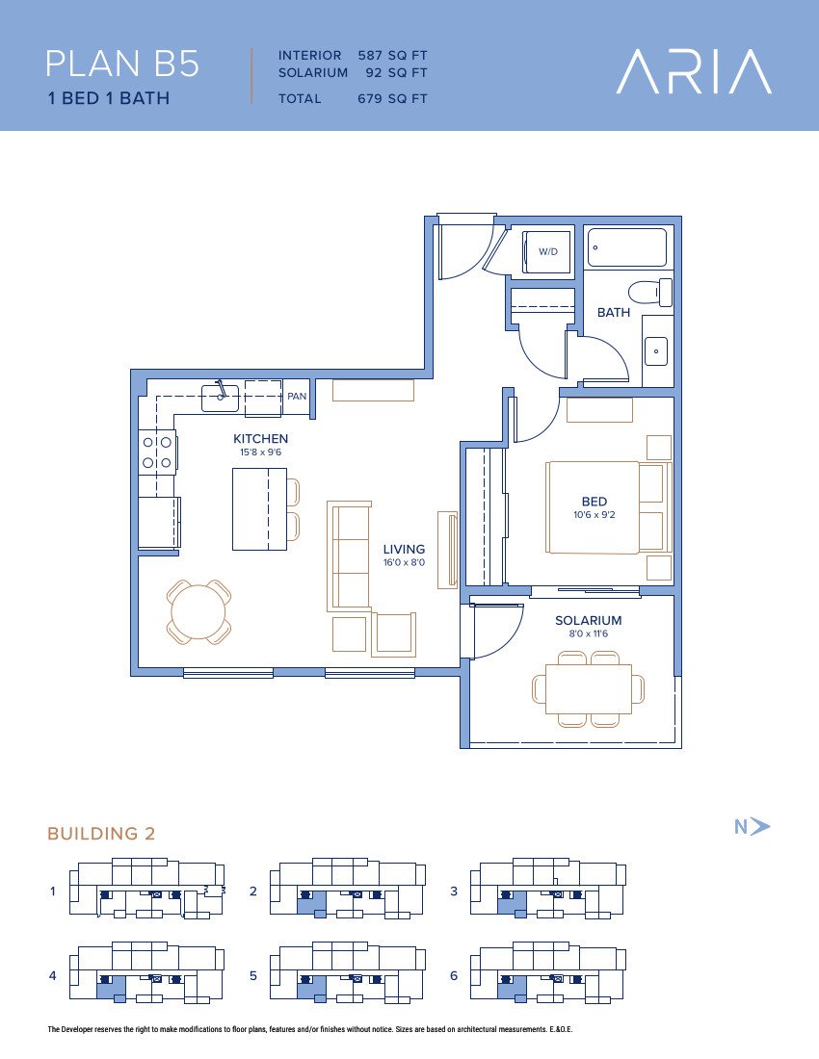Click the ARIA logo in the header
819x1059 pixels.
click(x=694, y=71)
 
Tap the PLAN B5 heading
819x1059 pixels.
click(x=122, y=64)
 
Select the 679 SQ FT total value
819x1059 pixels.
click(x=392, y=98)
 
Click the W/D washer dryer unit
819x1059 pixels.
click(x=546, y=252)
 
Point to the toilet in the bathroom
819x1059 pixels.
click(x=650, y=293)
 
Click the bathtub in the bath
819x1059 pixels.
click(x=627, y=247)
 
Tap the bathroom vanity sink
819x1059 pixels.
click(x=655, y=351)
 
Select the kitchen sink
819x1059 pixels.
click(x=221, y=398)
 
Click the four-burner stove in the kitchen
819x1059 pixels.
click(x=157, y=452)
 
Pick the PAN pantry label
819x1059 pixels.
click(x=297, y=397)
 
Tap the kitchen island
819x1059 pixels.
click(x=259, y=509)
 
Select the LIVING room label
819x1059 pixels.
click(x=404, y=549)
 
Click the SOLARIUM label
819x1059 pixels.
click(x=588, y=620)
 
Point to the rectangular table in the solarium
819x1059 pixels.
click(x=589, y=689)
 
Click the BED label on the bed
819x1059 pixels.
click(x=594, y=502)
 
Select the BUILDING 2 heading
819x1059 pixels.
click(x=101, y=834)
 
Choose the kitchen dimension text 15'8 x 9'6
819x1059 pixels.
click(x=261, y=452)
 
